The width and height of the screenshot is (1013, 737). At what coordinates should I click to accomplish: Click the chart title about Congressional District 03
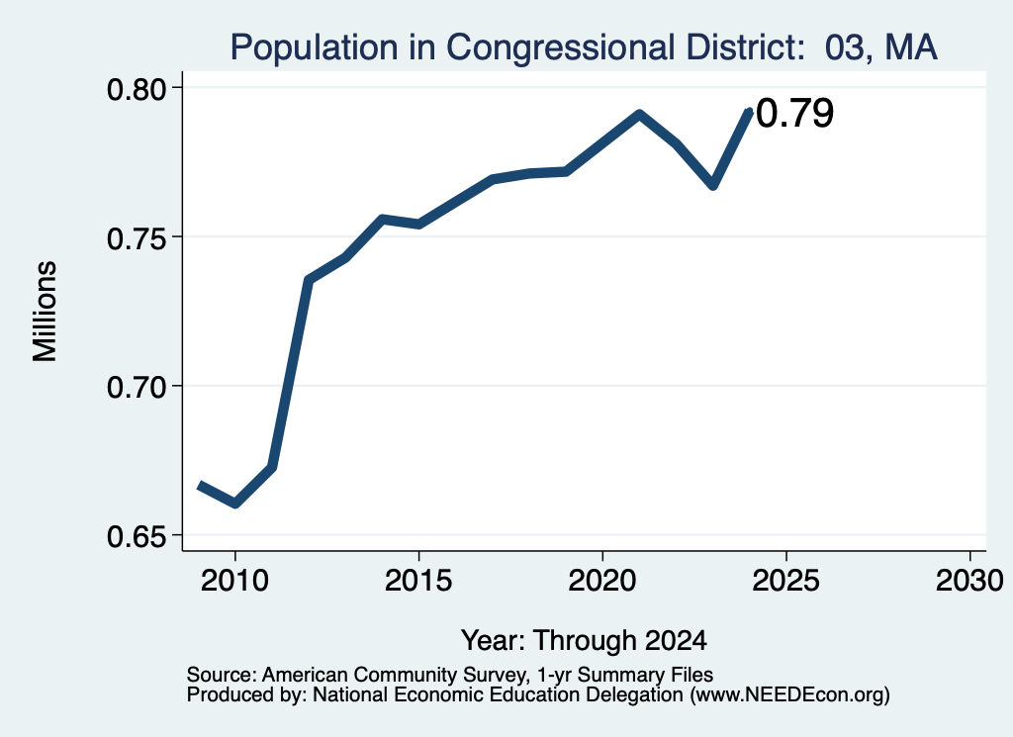[584, 47]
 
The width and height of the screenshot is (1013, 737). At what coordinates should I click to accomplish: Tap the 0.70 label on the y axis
[136, 388]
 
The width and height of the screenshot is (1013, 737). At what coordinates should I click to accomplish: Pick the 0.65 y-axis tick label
[136, 537]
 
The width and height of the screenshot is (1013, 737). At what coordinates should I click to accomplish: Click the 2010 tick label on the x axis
[234, 580]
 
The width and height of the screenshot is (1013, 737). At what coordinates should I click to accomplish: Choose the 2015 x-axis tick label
[418, 580]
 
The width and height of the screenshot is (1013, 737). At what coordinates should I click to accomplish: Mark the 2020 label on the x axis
[602, 580]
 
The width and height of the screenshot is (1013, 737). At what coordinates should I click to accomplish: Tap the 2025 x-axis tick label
[785, 580]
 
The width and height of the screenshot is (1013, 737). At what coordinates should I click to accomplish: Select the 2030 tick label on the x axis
[969, 580]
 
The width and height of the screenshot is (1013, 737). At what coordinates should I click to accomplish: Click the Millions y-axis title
[45, 312]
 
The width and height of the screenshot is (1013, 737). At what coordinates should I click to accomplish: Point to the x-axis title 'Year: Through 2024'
[584, 641]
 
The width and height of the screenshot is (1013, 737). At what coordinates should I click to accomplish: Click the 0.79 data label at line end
[794, 113]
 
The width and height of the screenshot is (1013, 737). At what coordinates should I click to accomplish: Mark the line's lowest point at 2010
[235, 504]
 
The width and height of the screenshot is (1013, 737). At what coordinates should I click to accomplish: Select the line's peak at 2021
[639, 115]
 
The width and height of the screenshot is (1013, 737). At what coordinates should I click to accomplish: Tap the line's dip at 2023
[712, 185]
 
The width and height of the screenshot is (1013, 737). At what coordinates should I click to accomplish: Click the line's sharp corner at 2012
[309, 280]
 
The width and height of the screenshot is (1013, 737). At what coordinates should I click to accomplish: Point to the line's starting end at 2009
[200, 486]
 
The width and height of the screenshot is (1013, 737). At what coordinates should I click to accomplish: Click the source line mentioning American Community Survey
[450, 675]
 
